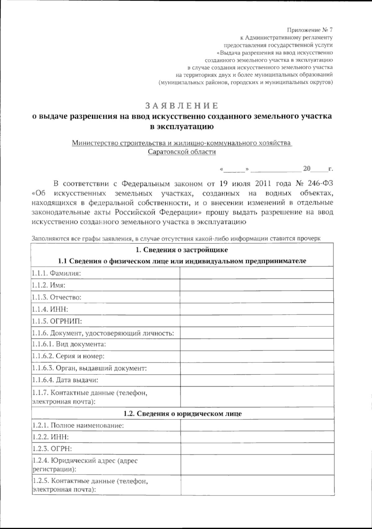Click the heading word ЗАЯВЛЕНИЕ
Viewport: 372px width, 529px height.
tap(182, 106)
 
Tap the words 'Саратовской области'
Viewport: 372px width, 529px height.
tap(182, 152)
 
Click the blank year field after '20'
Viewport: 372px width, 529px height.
tap(319, 169)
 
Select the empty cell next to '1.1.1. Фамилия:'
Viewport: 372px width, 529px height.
tap(256, 273)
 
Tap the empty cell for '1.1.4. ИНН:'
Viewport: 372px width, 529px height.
tap(256, 309)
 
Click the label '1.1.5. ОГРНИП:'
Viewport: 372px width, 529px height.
tap(57, 321)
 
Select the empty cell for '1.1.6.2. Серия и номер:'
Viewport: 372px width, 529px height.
tap(256, 356)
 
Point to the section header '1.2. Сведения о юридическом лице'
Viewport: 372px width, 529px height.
tap(182, 413)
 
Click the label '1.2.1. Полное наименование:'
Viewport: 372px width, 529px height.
tap(78, 425)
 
